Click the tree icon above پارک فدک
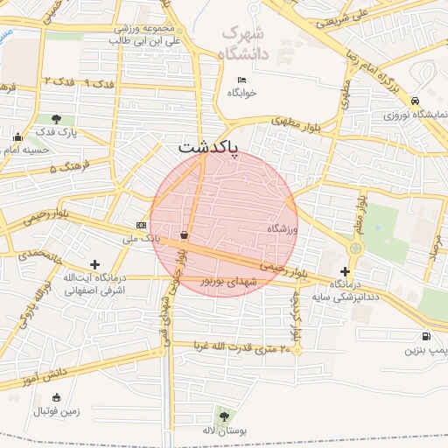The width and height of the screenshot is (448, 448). point(57,119)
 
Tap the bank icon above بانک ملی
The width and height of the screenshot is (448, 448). point(142,225)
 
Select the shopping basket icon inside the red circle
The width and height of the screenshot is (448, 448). point(184,234)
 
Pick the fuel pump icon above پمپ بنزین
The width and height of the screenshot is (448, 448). point(426,336)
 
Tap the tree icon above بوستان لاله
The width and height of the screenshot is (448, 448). point(224,416)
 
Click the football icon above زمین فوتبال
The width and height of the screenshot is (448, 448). point(57,397)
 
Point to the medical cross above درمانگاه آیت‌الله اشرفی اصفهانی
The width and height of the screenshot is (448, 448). point(95,263)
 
